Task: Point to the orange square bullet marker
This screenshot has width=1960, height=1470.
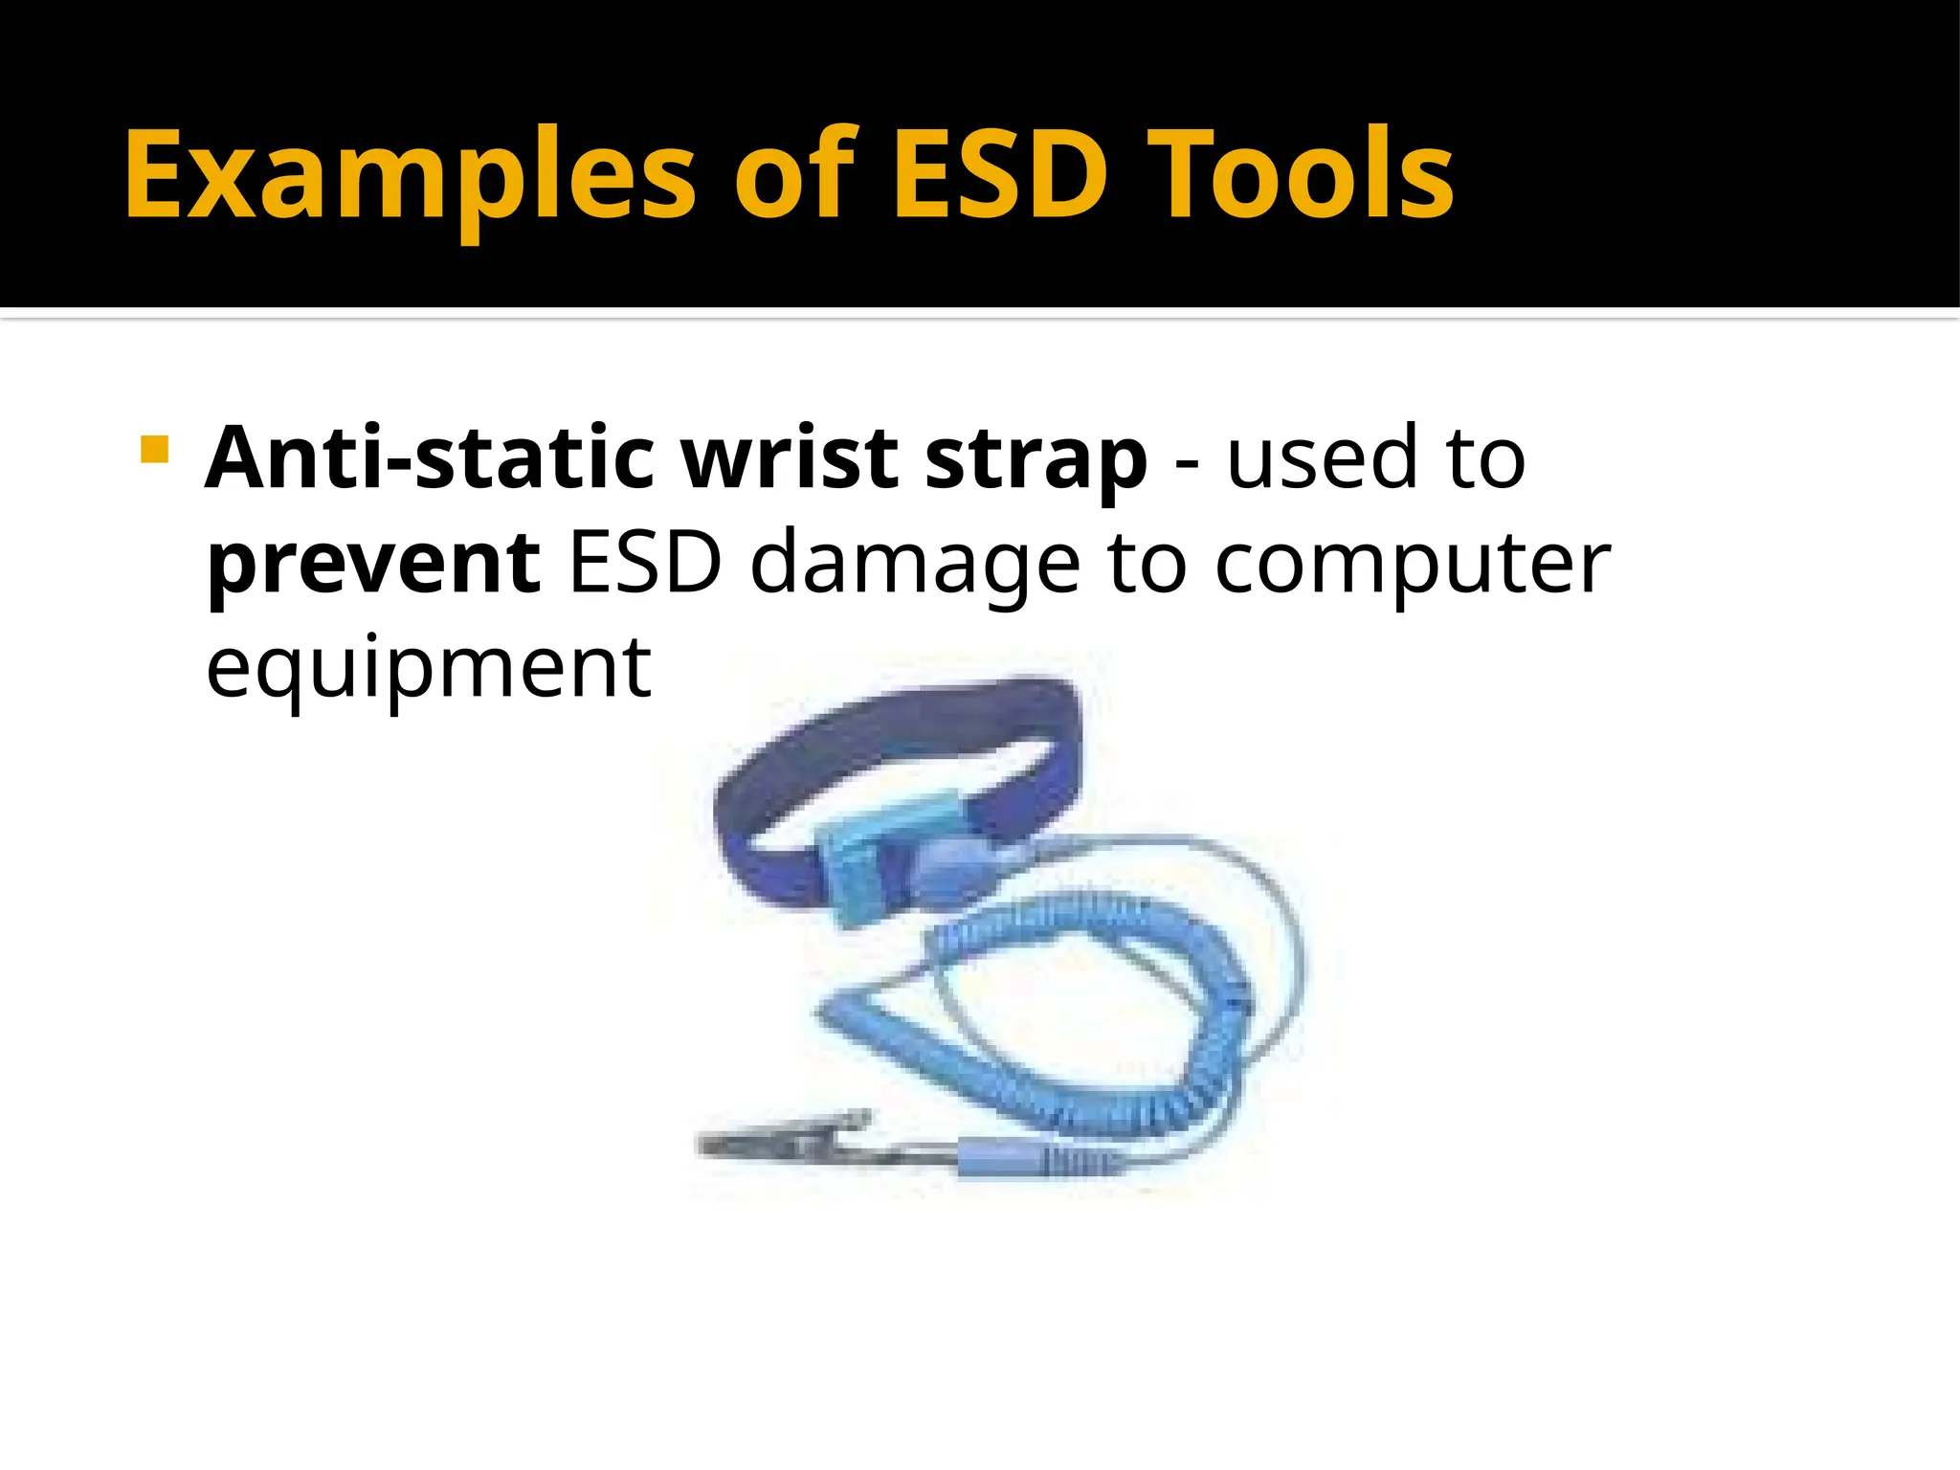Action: [153, 450]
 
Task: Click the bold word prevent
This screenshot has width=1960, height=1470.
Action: [374, 565]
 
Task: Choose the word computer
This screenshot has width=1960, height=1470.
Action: [1413, 565]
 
